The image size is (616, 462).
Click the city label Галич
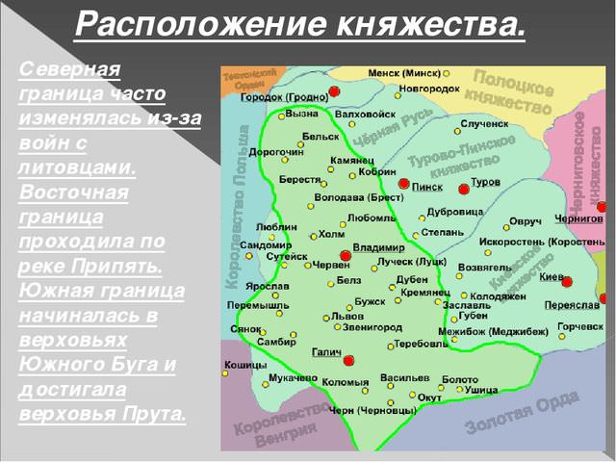[x=327, y=352]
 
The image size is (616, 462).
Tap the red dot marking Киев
[x=567, y=281]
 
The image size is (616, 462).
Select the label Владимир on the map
[x=378, y=247]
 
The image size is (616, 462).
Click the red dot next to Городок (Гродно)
[x=334, y=91]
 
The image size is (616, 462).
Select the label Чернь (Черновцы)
[x=372, y=409]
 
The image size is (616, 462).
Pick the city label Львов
[x=347, y=316]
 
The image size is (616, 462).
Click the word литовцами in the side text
[x=77, y=167]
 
